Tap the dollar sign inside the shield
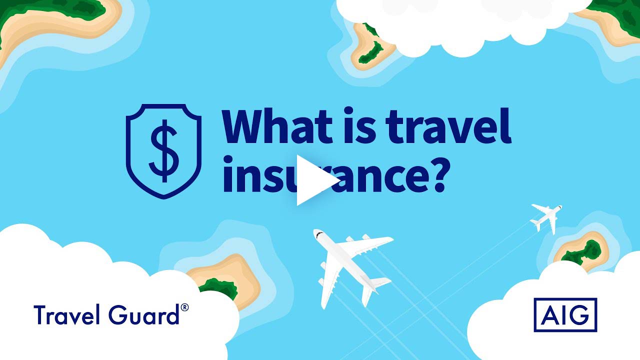(x=164, y=151)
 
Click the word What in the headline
(x=277, y=125)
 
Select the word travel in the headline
(x=448, y=125)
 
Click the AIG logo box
(x=565, y=315)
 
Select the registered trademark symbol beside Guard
(x=184, y=307)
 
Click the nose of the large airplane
(x=317, y=233)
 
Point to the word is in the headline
(x=359, y=125)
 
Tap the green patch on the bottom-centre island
(x=220, y=287)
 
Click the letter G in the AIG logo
(x=579, y=315)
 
